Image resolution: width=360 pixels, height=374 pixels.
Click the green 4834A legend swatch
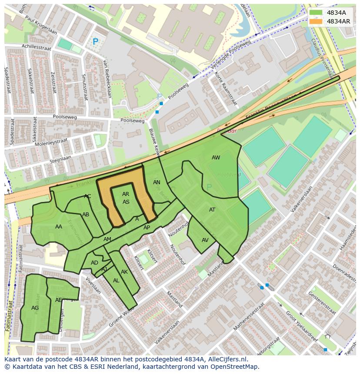coord(316,13)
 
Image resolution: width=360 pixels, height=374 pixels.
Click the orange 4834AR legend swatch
coord(316,21)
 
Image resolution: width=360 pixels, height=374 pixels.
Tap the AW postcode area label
coord(216,158)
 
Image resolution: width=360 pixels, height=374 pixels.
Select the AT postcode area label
coord(212,210)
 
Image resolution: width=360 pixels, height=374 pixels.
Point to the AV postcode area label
coord(205,240)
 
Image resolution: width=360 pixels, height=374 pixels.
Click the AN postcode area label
coord(157,182)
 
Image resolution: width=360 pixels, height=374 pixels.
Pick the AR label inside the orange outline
coord(126,194)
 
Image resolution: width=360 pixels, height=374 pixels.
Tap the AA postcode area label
coord(59,226)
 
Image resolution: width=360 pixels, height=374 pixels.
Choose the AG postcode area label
coord(35,308)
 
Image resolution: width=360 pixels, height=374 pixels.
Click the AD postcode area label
coord(94,263)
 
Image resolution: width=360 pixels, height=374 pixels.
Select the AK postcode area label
coord(124,272)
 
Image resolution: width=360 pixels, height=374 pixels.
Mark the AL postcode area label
coord(116,281)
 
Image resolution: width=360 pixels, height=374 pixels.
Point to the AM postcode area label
coord(107,239)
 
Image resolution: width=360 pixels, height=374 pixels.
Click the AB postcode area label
coord(86,215)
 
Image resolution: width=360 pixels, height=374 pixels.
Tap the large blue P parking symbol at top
coord(95,42)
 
